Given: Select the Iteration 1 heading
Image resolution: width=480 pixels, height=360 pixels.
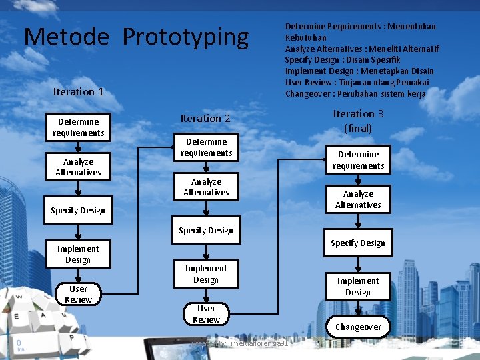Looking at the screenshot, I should [78, 91].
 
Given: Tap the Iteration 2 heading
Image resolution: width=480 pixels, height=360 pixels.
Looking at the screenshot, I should [205, 118].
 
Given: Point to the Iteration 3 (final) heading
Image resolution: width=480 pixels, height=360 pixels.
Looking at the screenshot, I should [358, 121].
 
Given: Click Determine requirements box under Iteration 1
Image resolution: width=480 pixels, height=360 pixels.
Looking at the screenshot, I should [78, 127].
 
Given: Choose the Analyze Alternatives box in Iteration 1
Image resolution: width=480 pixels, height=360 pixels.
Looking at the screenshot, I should [78, 167].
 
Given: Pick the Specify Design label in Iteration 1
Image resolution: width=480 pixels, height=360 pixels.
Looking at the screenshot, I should [78, 211].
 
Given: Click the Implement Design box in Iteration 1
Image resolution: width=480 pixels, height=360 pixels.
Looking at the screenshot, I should [78, 254].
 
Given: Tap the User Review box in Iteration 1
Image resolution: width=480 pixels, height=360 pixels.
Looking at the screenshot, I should [78, 294].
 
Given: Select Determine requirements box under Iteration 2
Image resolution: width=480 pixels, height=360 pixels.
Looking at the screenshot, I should [206, 147].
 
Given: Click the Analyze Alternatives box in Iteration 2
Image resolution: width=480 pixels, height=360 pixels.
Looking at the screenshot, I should [206, 187].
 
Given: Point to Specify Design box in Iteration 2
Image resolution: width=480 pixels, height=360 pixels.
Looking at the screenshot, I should [206, 231].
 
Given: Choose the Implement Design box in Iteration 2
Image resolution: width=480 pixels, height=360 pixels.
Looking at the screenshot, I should [206, 273].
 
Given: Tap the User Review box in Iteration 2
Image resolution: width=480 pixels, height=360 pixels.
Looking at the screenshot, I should [206, 313].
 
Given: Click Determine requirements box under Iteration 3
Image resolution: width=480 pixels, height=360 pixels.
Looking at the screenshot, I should [358, 160].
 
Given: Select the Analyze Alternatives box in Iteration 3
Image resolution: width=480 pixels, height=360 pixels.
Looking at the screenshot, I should [358, 199].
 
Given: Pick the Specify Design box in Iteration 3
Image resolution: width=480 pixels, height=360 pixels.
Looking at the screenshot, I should [358, 243].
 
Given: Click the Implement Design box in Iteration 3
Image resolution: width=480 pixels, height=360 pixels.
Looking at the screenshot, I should [358, 287].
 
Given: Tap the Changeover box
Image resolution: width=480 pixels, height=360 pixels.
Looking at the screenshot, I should [358, 327].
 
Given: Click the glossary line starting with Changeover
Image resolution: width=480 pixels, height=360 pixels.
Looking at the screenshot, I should [355, 93].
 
